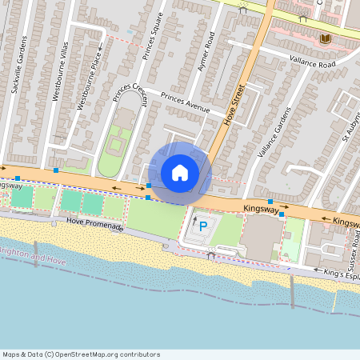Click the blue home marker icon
tap(180, 173)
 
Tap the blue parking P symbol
tap(202, 227)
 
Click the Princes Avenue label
tap(185, 102)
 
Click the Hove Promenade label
tap(95, 226)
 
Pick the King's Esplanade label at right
tap(342, 276)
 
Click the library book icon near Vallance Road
tap(324, 38)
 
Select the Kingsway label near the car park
tap(261, 209)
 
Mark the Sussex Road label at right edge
tap(353, 255)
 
